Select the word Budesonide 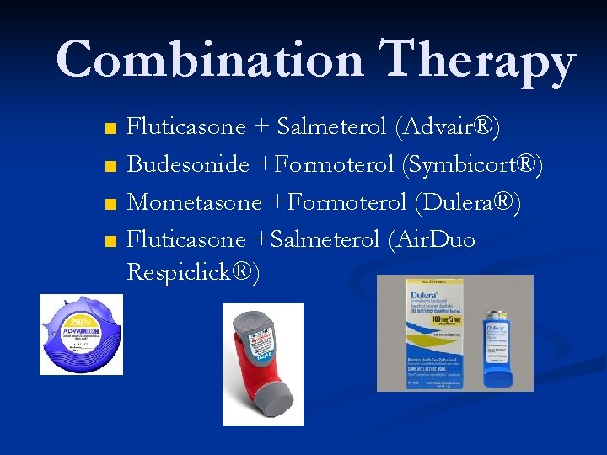(x=188, y=164)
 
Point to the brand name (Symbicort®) (x=474, y=164)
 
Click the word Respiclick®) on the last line (x=193, y=272)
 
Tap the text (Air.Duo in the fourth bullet (x=432, y=239)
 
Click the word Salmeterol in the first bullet (x=332, y=127)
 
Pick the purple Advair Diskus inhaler (x=82, y=335)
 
